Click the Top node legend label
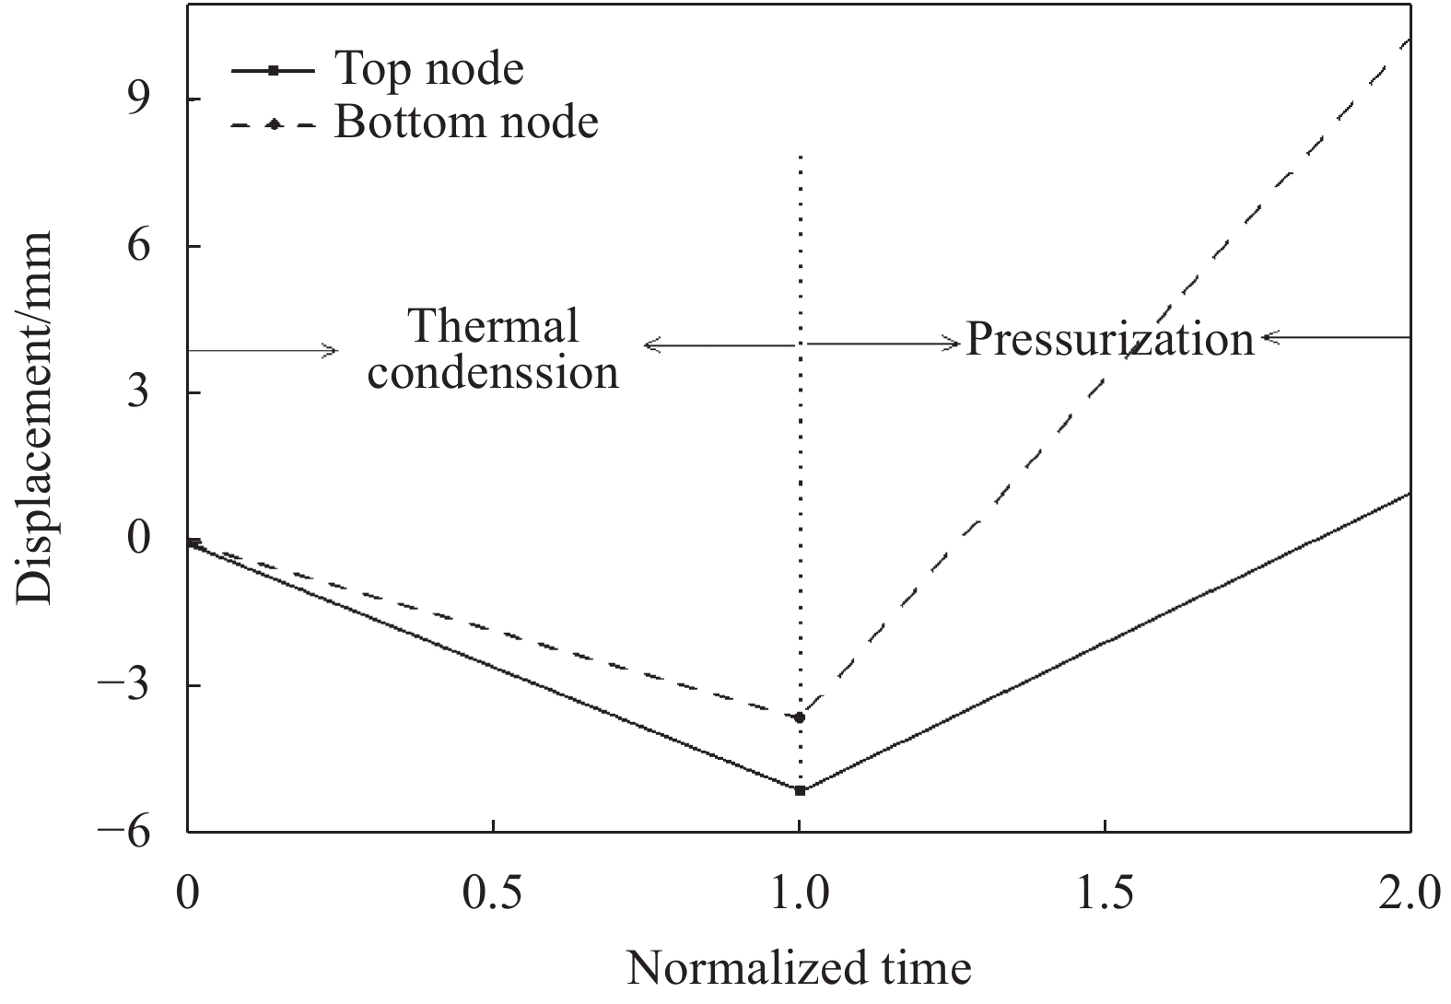click(428, 69)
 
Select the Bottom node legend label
click(466, 123)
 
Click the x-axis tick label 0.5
click(494, 893)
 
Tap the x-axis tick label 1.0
click(800, 893)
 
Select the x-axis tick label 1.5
click(1105, 893)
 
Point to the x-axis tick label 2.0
click(1409, 893)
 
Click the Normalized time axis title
click(799, 969)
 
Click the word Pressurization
click(1110, 340)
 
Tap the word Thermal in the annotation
click(493, 325)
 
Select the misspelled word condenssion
click(493, 373)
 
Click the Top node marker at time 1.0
click(800, 790)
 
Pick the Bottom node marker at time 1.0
click(800, 717)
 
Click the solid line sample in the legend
click(274, 70)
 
